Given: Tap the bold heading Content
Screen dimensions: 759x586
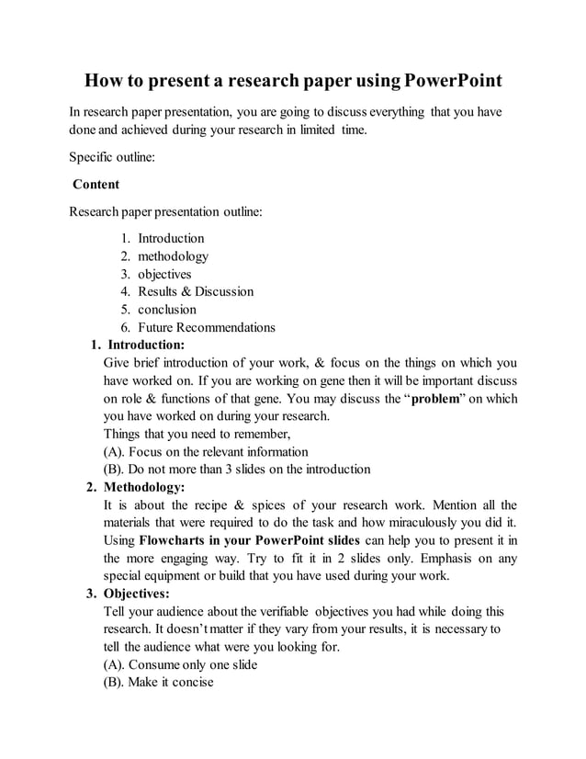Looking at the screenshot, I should [x=96, y=184].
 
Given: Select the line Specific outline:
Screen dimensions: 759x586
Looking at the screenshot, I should [x=112, y=157].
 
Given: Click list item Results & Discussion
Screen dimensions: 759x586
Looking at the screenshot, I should [x=196, y=291].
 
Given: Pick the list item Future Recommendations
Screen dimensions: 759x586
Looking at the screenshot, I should [x=207, y=327].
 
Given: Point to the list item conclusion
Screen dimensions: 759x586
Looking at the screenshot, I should [x=167, y=310].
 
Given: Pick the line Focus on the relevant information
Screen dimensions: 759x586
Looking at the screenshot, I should [x=206, y=451].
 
